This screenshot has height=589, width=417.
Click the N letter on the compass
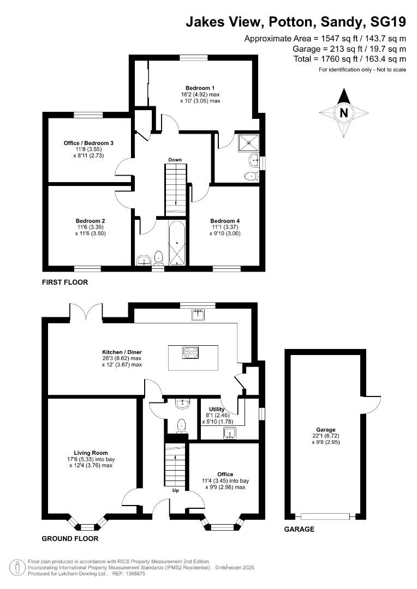coord(344,113)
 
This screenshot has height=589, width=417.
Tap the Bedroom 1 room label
coord(200,88)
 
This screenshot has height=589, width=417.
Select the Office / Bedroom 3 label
coord(88,143)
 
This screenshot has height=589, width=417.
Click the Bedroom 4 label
coord(225,221)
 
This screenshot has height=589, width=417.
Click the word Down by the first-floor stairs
coord(175,160)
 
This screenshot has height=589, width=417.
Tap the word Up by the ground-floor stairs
coord(175,490)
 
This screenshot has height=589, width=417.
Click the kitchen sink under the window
coord(198,315)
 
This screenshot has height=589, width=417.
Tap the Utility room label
coord(210,408)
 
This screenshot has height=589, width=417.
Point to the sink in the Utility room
coord(230,433)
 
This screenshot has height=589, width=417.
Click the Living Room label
coord(91,453)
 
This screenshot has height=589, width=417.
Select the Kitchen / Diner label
coord(122,352)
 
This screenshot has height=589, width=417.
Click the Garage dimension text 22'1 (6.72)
coord(326,437)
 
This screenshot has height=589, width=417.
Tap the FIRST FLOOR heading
coord(64,283)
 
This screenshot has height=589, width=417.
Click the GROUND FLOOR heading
coord(70,538)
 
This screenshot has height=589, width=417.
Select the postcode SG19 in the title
coord(388,22)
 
